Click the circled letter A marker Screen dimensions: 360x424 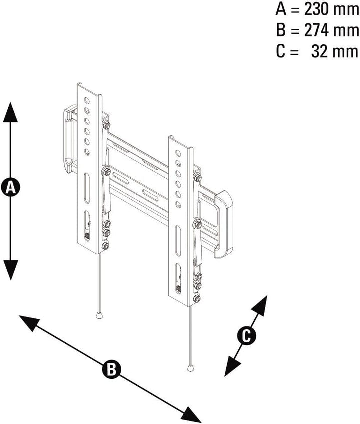tap(10, 187)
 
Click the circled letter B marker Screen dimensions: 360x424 tap(111, 369)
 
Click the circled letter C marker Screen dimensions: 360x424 tap(246, 336)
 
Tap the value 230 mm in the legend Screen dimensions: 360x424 tap(331, 10)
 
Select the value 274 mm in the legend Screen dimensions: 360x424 tap(331, 30)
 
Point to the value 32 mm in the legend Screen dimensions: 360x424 tap(335, 51)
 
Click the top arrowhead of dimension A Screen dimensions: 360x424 tap(10, 112)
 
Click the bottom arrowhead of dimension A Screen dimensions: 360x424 tap(10, 270)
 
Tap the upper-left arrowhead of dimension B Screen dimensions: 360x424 tap(30, 323)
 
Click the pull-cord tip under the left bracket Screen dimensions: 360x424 tap(99, 315)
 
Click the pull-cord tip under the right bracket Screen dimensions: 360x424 tap(191, 368)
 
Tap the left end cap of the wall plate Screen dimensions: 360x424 tap(68, 139)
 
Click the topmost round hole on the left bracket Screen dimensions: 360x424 tap(87, 101)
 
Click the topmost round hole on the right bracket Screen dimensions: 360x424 tap(178, 153)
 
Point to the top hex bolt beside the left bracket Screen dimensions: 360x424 tap(106, 125)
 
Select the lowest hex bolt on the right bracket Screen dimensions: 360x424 tap(197, 298)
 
